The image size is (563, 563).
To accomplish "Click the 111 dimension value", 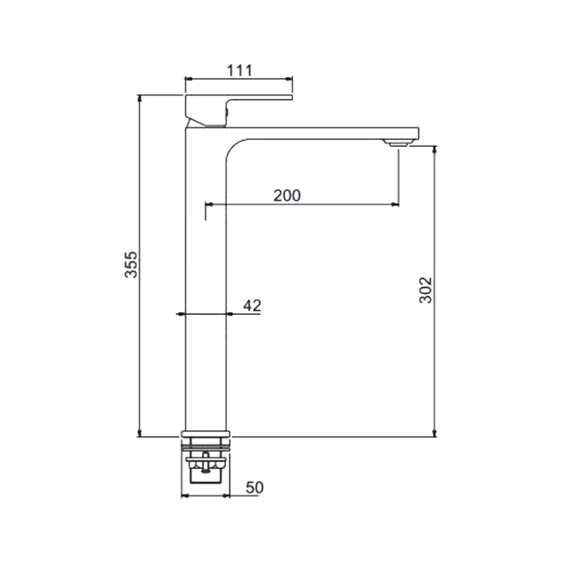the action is coord(239,70).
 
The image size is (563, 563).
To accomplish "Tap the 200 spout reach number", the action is coord(287,196).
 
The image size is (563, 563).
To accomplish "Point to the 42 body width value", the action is coord(252,306).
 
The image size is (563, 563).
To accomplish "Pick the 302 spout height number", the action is coord(426,290).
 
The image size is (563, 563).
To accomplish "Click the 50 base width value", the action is coord(254,488).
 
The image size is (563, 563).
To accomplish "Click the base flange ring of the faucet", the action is coord(205,434).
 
